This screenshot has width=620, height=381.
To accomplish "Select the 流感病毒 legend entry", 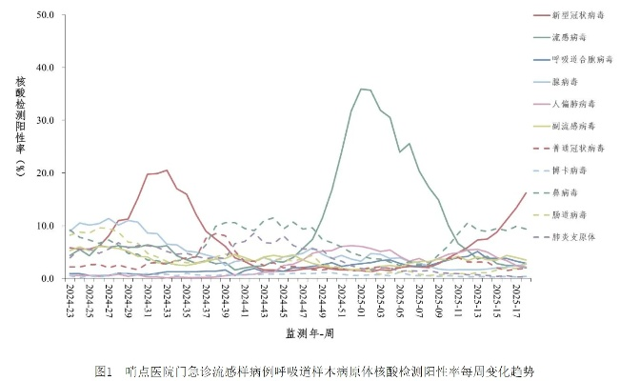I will pos(562,37).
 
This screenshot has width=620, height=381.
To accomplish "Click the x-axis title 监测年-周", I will pos(309,332).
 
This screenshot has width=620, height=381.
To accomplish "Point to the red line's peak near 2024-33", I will pos(166,170).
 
